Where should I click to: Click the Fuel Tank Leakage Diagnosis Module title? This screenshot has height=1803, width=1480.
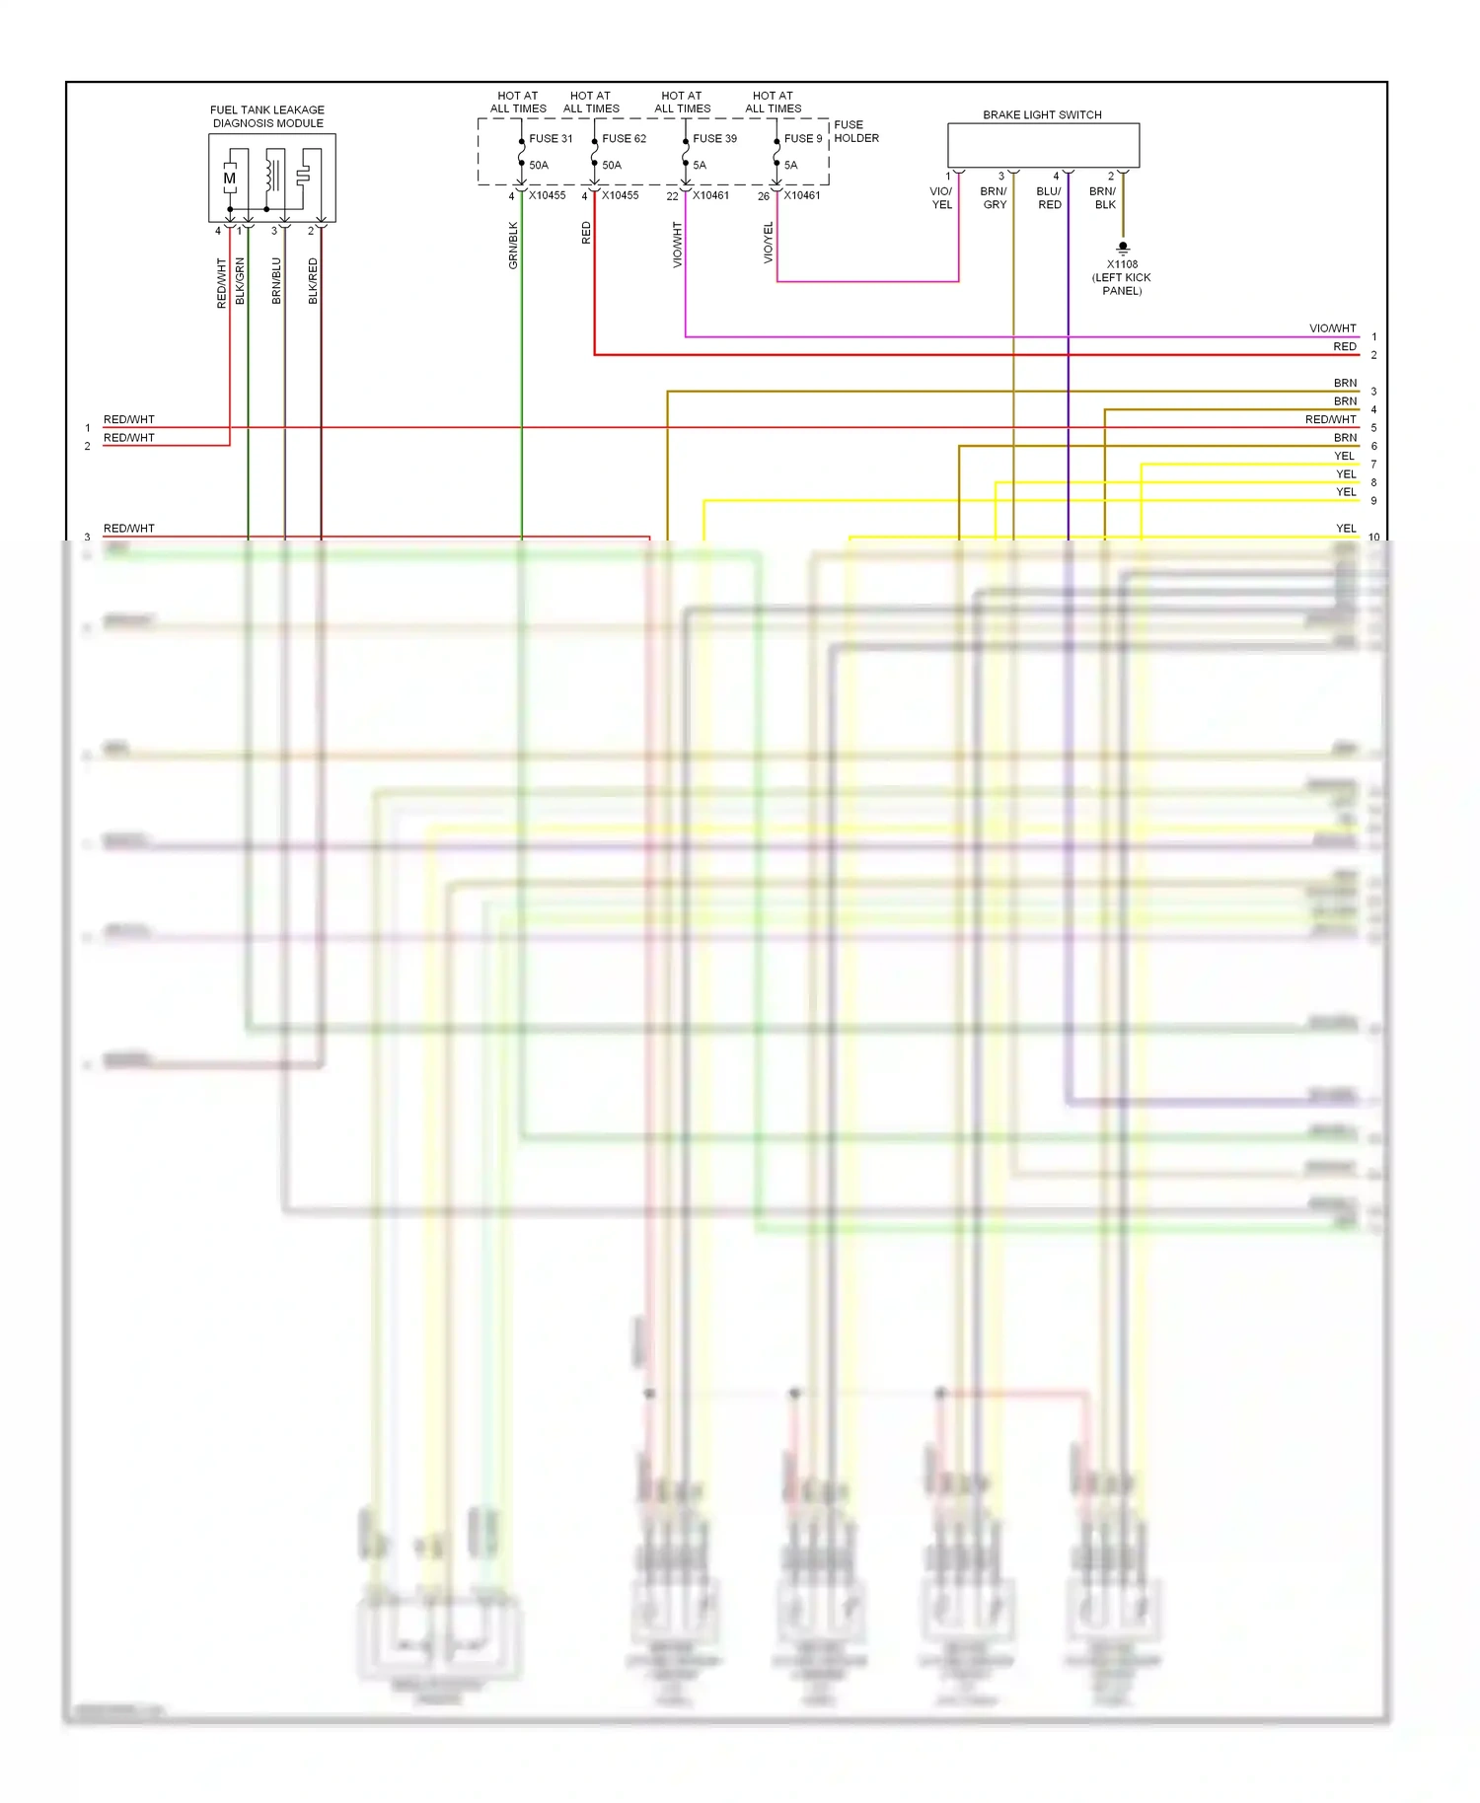point(267,116)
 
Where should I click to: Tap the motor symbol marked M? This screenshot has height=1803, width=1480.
point(230,179)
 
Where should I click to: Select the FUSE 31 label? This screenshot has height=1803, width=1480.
point(551,139)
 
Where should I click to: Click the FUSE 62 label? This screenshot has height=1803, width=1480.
point(624,139)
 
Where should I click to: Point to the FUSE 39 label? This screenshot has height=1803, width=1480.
point(714,139)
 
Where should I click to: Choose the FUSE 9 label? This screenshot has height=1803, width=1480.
point(802,139)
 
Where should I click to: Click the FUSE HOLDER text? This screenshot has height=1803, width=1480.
point(855,131)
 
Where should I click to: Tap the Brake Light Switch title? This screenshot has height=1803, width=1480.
point(1042,115)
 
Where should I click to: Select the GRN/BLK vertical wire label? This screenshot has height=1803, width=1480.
point(513,246)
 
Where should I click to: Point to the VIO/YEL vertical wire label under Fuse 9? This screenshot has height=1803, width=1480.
point(769,243)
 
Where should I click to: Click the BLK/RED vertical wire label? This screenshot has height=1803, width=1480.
point(313,281)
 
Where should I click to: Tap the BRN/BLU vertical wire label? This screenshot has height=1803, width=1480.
point(276,281)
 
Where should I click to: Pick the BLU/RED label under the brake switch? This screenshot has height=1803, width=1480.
point(1049,198)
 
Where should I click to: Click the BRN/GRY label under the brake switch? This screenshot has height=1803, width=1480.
point(994,198)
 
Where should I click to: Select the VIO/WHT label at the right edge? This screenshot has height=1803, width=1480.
point(1332,328)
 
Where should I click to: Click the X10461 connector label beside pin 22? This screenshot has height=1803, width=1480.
point(710,195)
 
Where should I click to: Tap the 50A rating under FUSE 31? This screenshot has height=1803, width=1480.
point(539,166)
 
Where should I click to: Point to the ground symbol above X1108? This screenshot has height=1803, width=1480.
point(1123,249)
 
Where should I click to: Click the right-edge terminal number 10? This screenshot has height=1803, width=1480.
point(1373,538)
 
